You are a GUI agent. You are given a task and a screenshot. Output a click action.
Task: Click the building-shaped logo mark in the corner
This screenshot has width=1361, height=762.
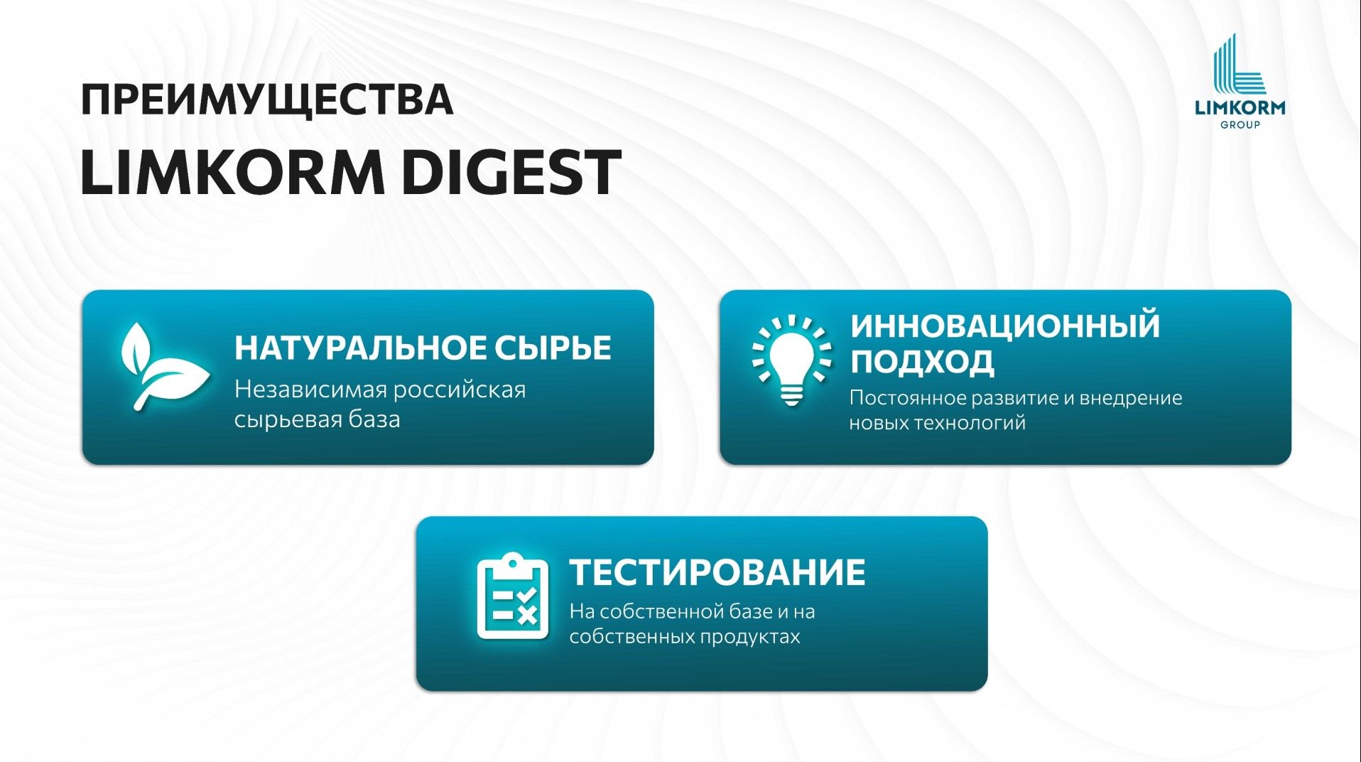[x=1239, y=64]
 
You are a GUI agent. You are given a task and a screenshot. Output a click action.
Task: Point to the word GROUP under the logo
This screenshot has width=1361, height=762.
[x=1240, y=124]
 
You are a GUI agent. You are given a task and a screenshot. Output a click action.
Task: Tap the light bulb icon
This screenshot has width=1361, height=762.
[x=791, y=360]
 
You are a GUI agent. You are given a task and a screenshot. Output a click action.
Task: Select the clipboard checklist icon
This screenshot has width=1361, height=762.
[x=512, y=596]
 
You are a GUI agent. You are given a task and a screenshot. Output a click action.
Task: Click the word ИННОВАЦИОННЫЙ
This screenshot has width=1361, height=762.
[x=1005, y=326]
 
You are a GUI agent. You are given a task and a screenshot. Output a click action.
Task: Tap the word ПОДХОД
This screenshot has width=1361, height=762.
[x=922, y=361]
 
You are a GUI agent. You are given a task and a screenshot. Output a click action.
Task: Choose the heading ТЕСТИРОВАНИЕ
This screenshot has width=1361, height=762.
[x=717, y=572]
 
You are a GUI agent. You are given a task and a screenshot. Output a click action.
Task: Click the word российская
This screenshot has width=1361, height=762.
[x=460, y=390]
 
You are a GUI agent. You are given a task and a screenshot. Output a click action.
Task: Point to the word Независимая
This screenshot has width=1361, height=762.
[x=310, y=390]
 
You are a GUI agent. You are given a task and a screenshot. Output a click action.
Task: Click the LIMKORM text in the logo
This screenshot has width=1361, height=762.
[x=1240, y=107]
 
